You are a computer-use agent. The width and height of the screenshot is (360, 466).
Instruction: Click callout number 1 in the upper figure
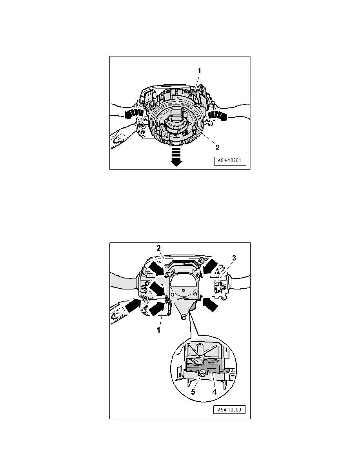click(200, 71)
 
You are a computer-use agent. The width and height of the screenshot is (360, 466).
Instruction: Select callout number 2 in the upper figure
click(217, 147)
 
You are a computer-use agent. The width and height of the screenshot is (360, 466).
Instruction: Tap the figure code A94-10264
click(230, 161)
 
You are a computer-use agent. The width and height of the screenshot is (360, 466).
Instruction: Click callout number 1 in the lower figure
click(158, 330)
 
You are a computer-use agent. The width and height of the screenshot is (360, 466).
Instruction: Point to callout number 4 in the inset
click(215, 392)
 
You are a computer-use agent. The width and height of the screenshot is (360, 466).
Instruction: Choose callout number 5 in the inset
click(193, 392)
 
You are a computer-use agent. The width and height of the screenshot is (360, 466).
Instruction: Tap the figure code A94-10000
click(229, 410)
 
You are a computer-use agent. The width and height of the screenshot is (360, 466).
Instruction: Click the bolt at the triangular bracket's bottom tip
click(184, 318)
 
